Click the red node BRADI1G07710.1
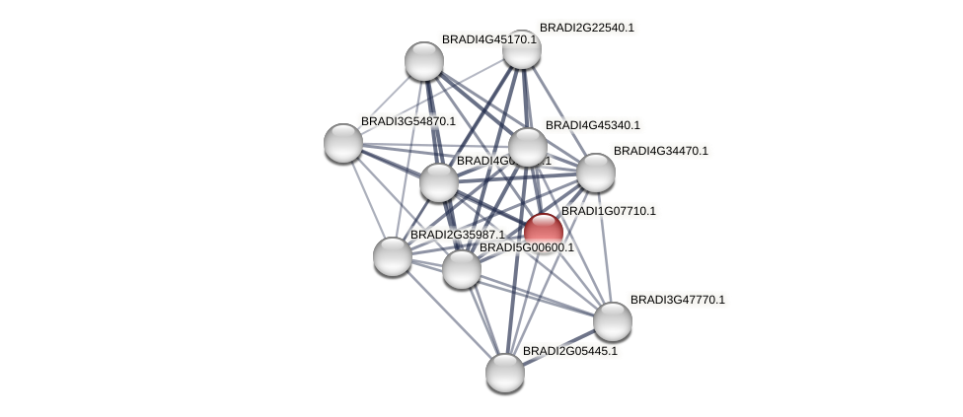[x=544, y=233]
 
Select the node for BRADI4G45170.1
[x=424, y=61]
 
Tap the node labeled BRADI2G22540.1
[x=522, y=49]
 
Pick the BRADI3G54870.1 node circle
[x=343, y=143]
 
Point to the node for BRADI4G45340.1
[x=528, y=147]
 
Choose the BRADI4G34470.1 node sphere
[x=596, y=173]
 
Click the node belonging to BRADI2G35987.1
[x=393, y=256]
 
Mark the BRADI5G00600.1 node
[x=461, y=268]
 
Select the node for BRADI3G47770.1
[x=613, y=320]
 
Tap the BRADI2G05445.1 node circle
[x=505, y=372]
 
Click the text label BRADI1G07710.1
[x=608, y=211]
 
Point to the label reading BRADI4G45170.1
[x=488, y=39]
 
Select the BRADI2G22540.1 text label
[x=586, y=28]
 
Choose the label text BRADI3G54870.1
[x=407, y=121]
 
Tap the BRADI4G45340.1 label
[x=592, y=125]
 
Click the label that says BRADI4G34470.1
[x=660, y=151]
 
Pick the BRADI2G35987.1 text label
[x=457, y=235]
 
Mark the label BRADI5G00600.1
[x=526, y=247]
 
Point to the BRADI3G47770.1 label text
[x=677, y=300]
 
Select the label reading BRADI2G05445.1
[x=569, y=351]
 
